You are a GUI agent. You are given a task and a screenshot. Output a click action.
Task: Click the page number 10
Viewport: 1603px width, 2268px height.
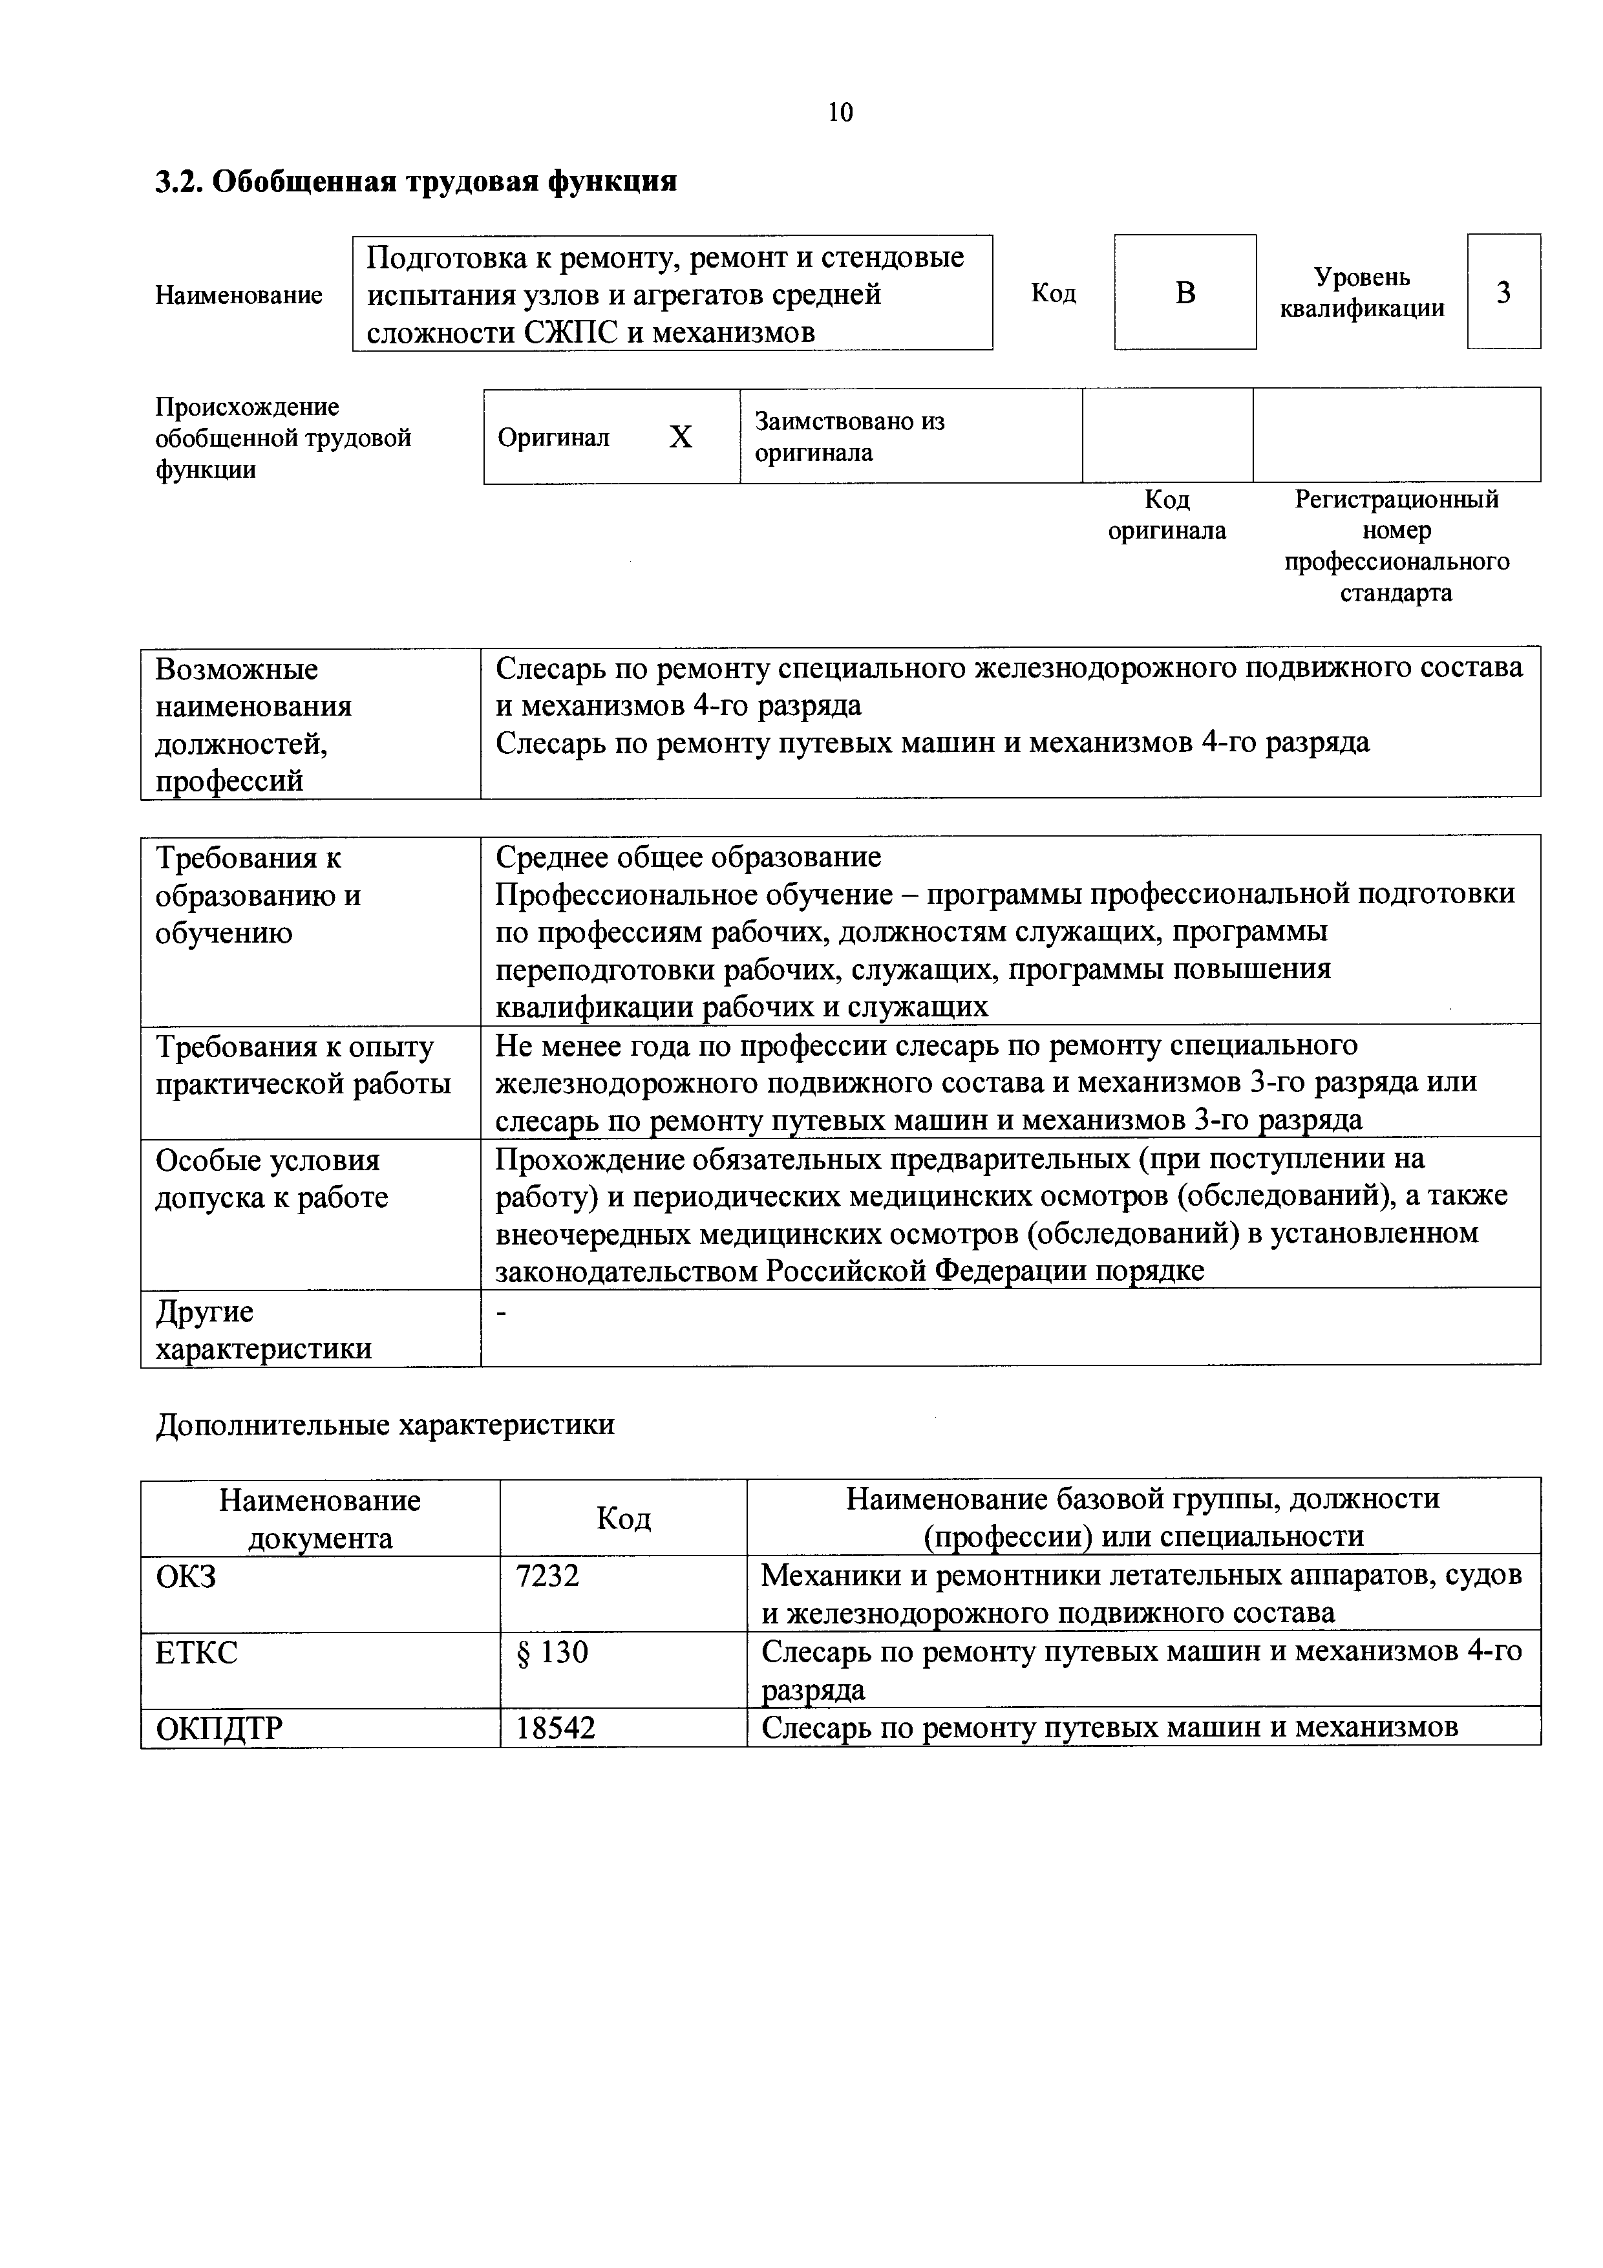(840, 112)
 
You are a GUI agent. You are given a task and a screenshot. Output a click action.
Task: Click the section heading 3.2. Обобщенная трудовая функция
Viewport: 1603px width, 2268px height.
(416, 182)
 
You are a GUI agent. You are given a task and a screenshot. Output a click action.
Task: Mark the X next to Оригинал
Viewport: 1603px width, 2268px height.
(681, 436)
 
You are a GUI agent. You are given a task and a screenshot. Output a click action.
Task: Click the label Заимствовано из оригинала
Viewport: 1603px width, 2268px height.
(849, 436)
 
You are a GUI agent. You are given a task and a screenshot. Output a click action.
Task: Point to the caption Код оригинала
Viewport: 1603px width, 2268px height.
(1167, 515)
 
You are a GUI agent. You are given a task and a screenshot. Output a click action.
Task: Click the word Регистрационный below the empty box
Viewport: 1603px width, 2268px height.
(1397, 500)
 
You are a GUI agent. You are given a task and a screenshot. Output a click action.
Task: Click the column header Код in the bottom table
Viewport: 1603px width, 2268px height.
(623, 1518)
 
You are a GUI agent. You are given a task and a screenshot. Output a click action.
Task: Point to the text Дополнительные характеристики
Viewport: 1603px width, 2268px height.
(385, 1424)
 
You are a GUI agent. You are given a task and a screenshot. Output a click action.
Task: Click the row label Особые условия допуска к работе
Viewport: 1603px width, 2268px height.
(271, 1179)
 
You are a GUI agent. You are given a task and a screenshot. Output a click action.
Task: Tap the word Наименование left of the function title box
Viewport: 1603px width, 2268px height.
(239, 295)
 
